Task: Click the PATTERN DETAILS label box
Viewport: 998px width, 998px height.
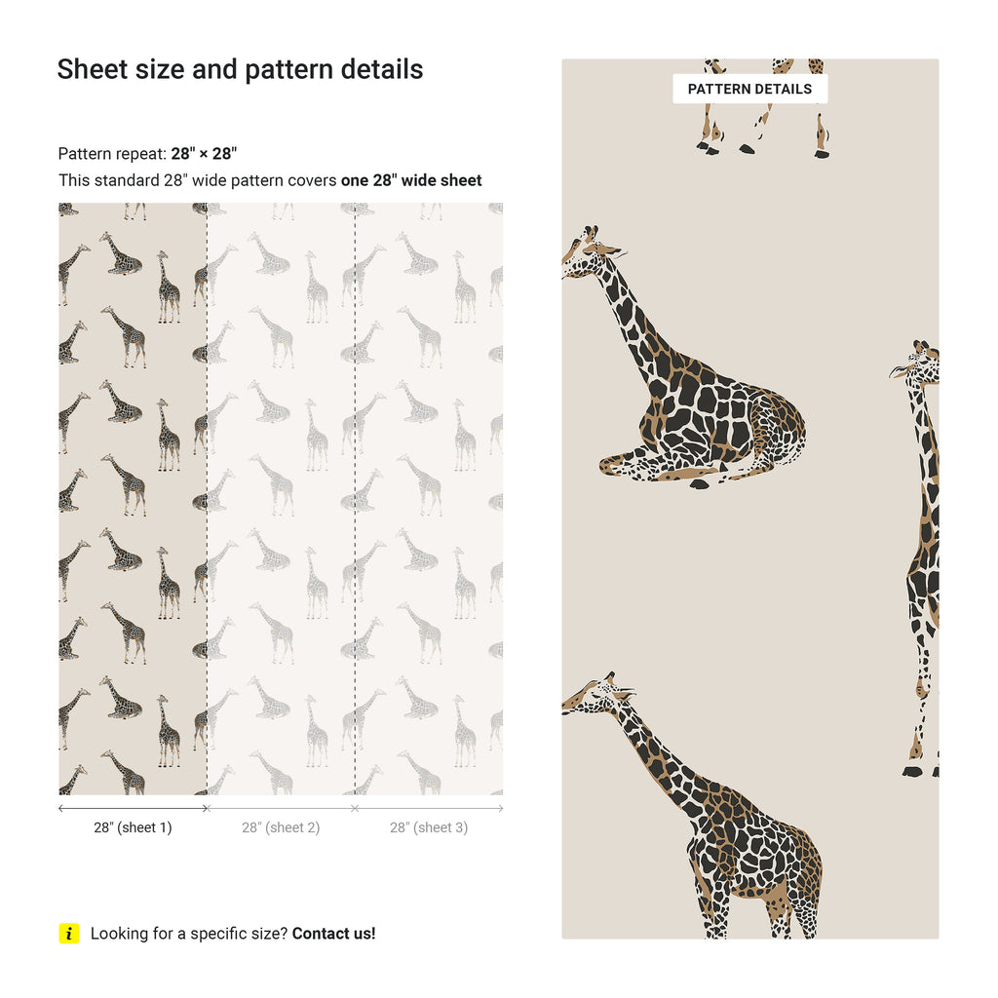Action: point(749,89)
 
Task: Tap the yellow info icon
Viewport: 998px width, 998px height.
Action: point(69,933)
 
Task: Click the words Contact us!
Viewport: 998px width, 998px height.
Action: point(333,934)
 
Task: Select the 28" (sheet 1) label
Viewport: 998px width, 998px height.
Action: point(133,827)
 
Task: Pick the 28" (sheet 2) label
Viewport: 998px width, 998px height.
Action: point(281,827)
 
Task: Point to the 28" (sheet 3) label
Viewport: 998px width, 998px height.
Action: point(429,827)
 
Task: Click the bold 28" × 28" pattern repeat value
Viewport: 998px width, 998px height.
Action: point(204,153)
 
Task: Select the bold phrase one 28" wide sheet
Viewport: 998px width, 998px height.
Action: point(411,180)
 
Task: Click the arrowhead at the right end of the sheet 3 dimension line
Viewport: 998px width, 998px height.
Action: point(501,808)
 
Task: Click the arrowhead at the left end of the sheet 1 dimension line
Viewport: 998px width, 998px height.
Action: point(60,808)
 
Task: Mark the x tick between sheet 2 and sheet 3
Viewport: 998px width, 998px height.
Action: point(355,808)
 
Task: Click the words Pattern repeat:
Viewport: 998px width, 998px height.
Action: point(112,153)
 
